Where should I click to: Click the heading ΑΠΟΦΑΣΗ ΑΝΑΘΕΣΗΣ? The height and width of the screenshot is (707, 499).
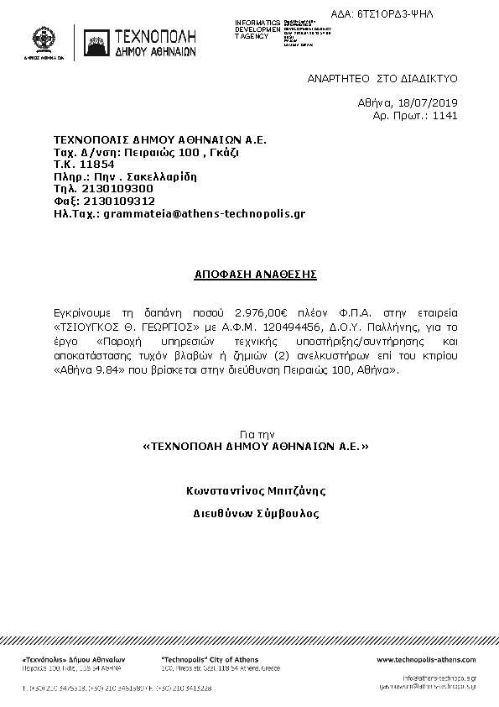249,275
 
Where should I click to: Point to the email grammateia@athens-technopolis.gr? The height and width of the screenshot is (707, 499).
204,213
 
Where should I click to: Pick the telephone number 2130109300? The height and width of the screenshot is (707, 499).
117,189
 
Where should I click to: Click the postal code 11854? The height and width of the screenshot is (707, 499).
96,165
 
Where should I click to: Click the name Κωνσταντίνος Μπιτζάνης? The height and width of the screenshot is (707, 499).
256,490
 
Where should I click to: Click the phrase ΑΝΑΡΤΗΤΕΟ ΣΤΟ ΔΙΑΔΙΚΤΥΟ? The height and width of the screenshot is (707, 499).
382,76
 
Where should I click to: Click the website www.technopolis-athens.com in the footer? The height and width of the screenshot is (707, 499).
426,660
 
